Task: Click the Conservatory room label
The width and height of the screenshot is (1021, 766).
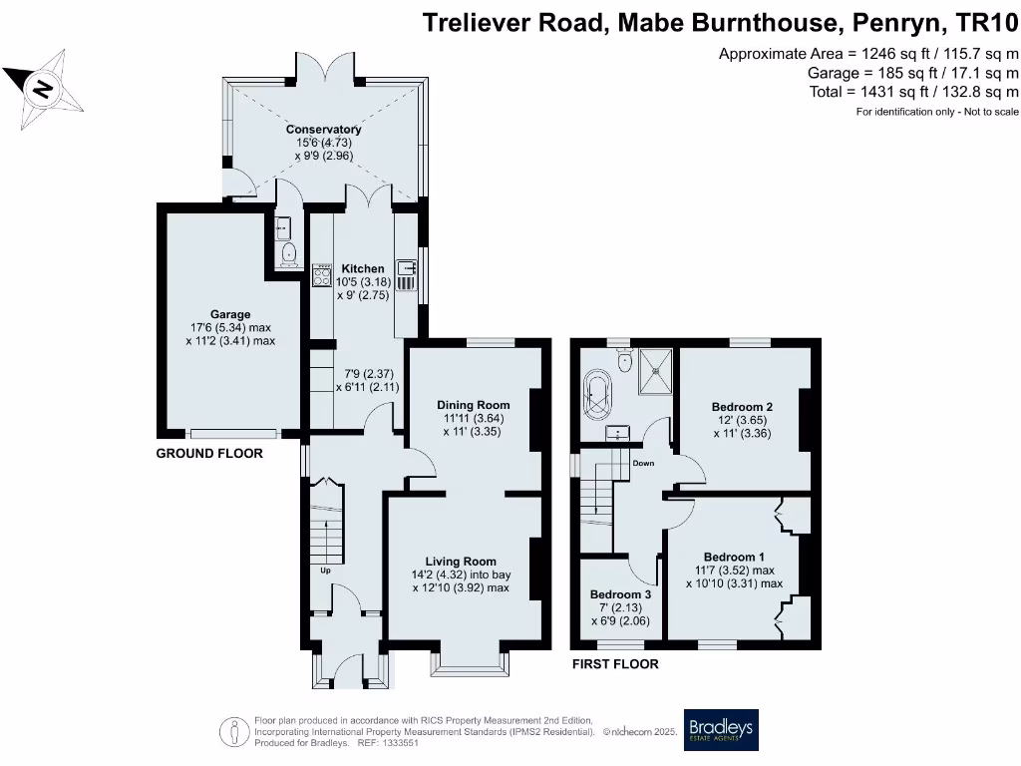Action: pos(323,130)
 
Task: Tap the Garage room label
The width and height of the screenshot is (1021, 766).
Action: pos(230,314)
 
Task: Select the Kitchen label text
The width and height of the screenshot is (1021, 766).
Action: pos(362,269)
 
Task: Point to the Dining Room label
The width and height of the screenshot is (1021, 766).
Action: pos(474,405)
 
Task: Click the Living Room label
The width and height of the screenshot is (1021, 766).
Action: pos(461,562)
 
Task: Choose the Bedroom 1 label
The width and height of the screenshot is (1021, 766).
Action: pos(734,557)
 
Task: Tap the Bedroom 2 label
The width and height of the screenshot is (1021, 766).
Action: pos(742,407)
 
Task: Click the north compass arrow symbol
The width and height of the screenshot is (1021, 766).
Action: pos(41,88)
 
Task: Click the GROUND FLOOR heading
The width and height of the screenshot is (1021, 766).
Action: pos(209,454)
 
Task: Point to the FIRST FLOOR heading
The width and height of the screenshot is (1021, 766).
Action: pos(614,664)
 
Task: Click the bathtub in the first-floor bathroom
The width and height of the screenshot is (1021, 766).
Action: pos(598,395)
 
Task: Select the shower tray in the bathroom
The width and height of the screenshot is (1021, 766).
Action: pos(654,366)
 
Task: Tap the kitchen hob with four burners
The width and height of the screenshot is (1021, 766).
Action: pos(323,275)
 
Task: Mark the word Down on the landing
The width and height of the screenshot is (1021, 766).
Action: pos(643,464)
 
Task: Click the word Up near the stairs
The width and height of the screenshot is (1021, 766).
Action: pos(325,572)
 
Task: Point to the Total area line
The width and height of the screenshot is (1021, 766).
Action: pos(914,92)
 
